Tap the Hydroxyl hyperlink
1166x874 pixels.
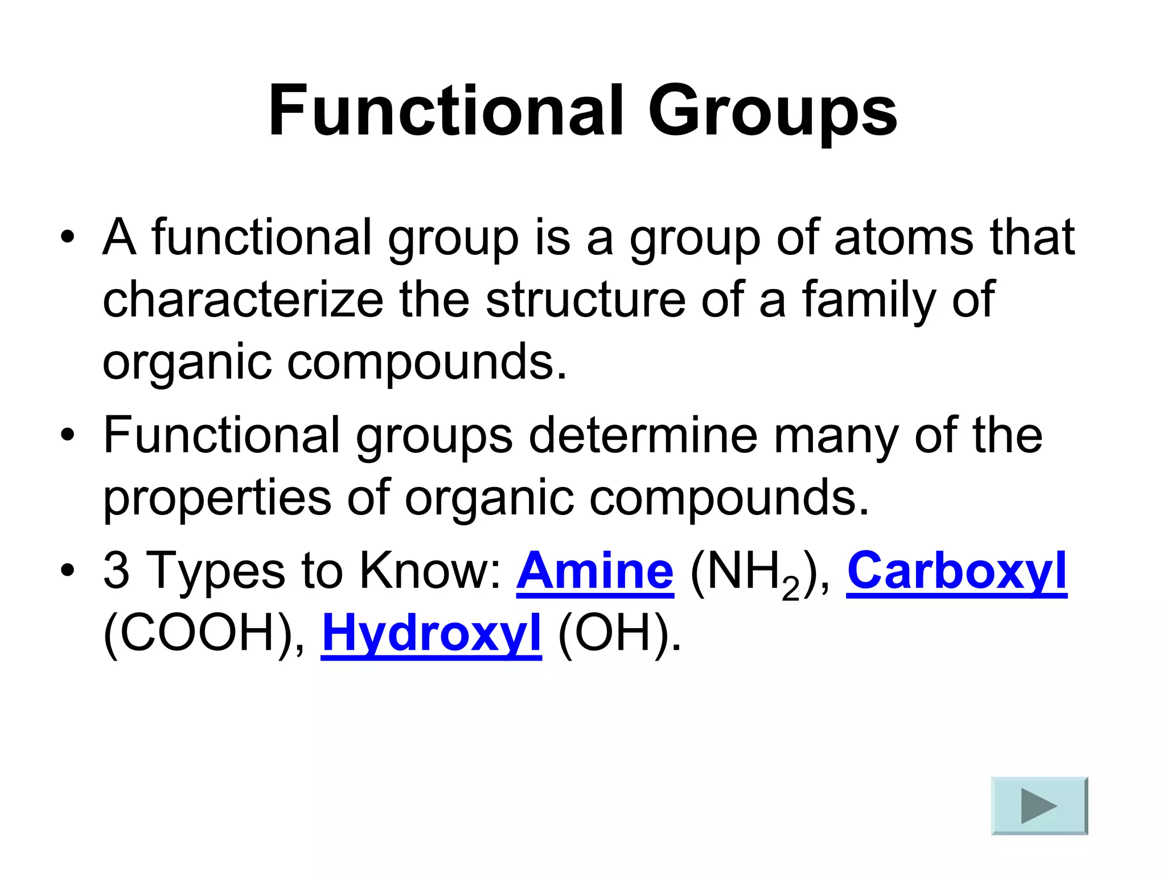[x=431, y=633]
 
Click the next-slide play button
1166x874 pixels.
[x=1039, y=806]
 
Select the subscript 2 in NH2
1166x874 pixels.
[x=790, y=589]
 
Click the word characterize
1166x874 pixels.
[x=243, y=300]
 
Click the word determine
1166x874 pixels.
[x=643, y=435]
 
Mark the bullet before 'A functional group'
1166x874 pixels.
[x=67, y=238]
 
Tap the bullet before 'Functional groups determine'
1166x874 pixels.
[x=67, y=436]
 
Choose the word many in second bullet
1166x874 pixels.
[x=836, y=435]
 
